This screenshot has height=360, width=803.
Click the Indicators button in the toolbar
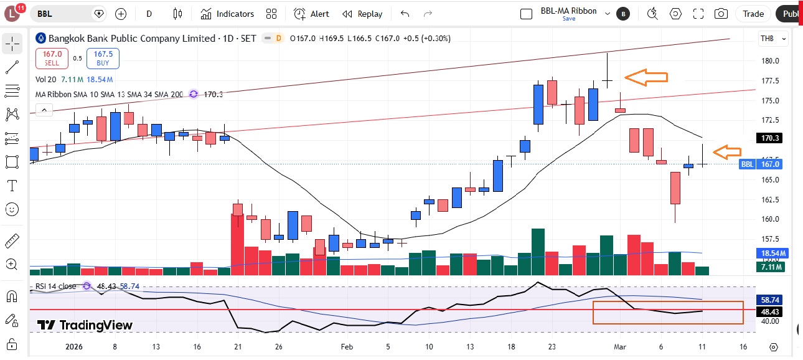point(227,14)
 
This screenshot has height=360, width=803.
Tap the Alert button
point(312,14)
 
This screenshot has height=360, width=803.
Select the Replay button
point(363,14)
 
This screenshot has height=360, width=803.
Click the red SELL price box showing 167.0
point(52,59)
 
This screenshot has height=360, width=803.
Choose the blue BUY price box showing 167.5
point(103,59)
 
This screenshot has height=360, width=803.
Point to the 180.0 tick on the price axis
point(770,61)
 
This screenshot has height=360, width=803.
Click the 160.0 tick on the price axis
point(770,219)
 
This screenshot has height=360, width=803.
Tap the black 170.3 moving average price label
point(770,138)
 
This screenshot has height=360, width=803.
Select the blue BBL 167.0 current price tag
point(761,164)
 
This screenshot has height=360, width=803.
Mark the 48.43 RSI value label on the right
point(770,311)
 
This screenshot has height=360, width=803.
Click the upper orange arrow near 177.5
point(646,77)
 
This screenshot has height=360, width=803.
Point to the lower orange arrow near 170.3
point(727,151)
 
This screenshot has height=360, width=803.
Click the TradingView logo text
point(85,325)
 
